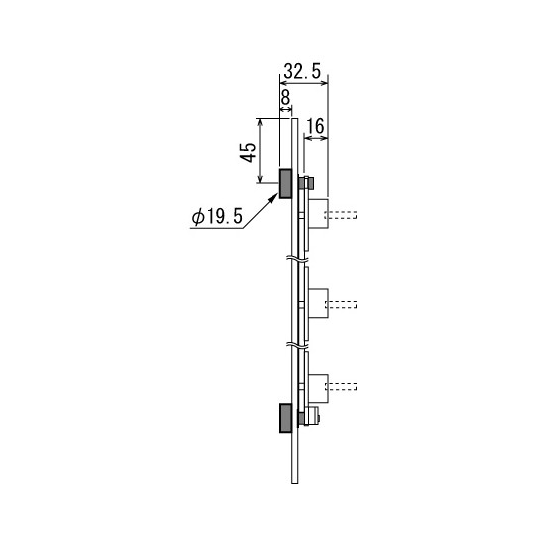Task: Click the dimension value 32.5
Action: [x=302, y=71]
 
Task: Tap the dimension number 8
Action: [x=285, y=98]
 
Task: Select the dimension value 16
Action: [x=316, y=126]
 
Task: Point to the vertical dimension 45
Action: [x=248, y=152]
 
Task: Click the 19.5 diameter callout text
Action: [x=217, y=217]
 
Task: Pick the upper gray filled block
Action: [x=285, y=184]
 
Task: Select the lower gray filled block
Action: [x=285, y=418]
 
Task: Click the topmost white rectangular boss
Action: [x=318, y=213]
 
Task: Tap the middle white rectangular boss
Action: [x=318, y=303]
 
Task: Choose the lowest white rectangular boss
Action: [x=318, y=388]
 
